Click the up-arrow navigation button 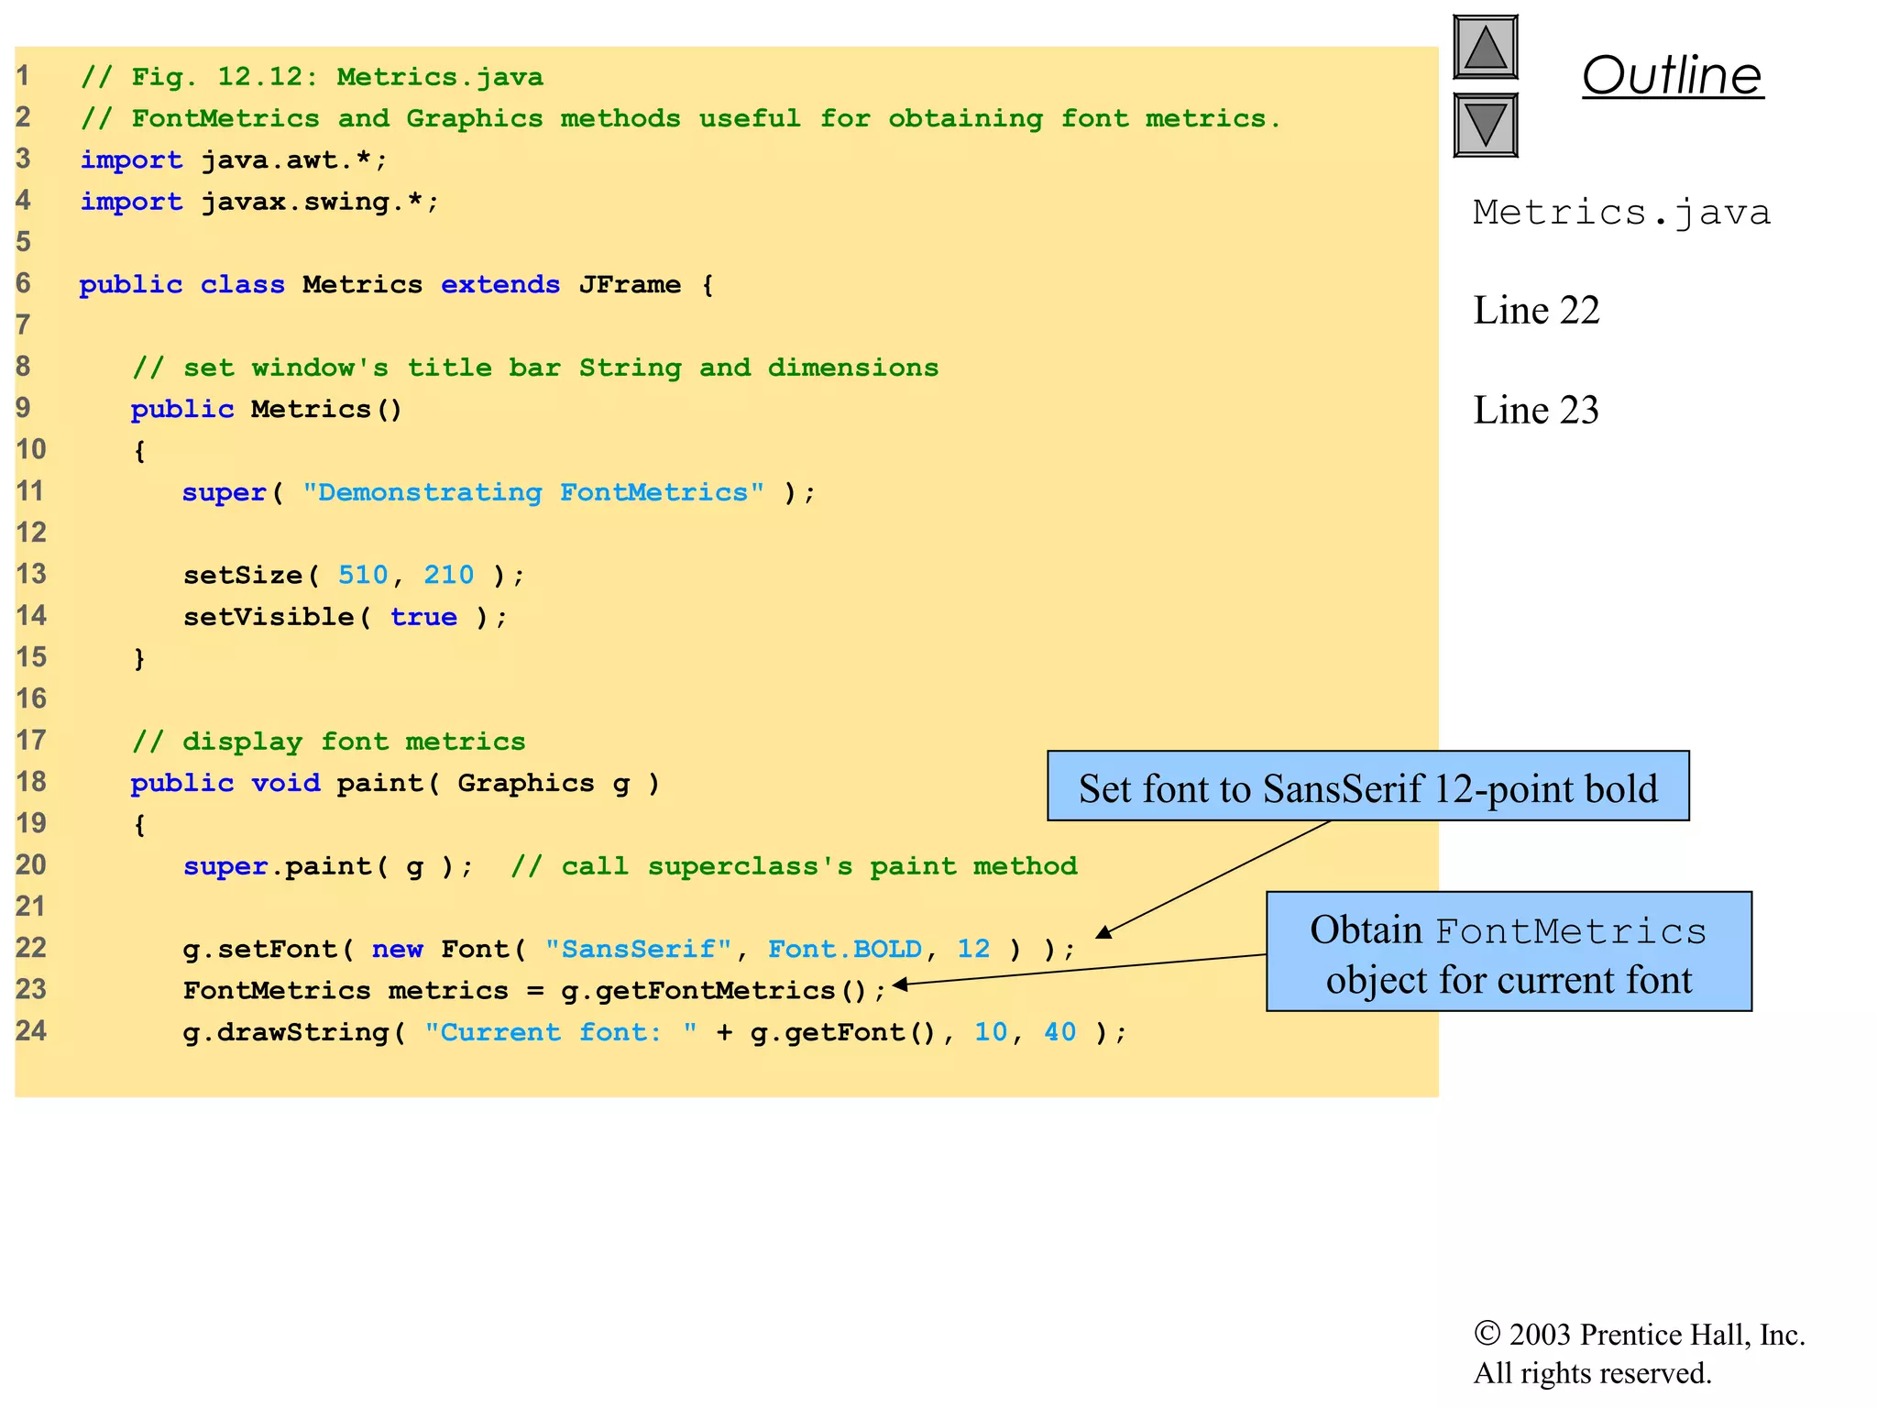(1485, 48)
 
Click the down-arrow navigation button (1485, 125)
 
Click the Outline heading (1672, 75)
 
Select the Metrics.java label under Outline (1621, 213)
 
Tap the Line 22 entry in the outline (1536, 311)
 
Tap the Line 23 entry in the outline (1536, 410)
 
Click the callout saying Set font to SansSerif (1367, 787)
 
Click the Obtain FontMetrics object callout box (1509, 952)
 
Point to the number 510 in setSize (363, 576)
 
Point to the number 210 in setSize (448, 576)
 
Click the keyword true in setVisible (423, 617)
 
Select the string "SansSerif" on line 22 (638, 949)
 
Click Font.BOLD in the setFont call (844, 949)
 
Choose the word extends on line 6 (500, 285)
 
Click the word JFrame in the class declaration (630, 285)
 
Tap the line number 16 (31, 699)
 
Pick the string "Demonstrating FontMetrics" (533, 493)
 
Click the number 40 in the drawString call (1059, 1032)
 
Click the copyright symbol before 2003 (1487, 1333)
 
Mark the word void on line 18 (286, 783)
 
